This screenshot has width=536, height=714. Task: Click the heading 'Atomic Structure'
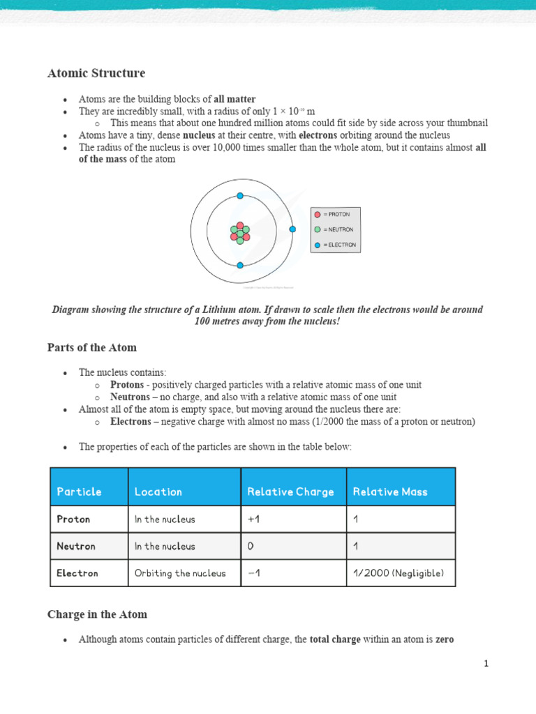coord(96,73)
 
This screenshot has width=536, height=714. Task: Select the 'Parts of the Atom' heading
coord(92,347)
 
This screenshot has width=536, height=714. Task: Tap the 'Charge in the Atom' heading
coord(97,614)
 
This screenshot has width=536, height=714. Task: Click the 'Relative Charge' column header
coord(290,492)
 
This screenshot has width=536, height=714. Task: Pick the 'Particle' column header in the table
coord(79,492)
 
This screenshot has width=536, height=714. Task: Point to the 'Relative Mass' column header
coord(390,492)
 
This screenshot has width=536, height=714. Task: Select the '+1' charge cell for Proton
coord(253,519)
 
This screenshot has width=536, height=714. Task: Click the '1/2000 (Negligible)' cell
coord(398,573)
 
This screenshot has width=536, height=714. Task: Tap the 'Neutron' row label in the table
coord(76,547)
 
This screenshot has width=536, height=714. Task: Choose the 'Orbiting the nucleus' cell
coord(180,573)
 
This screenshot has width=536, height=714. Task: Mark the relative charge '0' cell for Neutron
coord(251,547)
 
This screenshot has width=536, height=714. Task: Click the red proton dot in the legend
coord(318,215)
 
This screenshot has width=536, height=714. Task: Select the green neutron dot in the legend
coord(318,229)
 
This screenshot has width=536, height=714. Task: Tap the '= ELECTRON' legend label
coord(339,245)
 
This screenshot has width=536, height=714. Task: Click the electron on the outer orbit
coord(292,229)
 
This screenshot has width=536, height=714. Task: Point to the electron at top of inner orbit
coord(240,196)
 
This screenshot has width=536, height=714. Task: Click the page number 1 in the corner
coord(486,664)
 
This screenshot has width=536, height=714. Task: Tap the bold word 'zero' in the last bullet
coord(445,639)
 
